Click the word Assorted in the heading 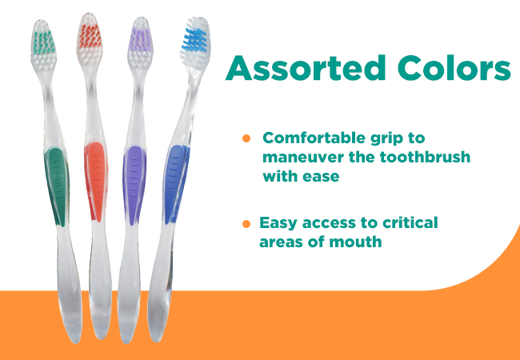click(x=305, y=68)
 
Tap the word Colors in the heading click(x=454, y=68)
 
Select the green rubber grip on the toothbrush click(x=56, y=187)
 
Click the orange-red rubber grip click(x=96, y=182)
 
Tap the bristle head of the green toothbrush click(x=44, y=46)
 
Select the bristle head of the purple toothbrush click(x=140, y=43)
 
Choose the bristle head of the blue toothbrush click(x=195, y=42)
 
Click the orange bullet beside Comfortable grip click(x=246, y=138)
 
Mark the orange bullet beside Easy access click(x=246, y=224)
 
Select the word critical click(x=410, y=222)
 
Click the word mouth click(x=355, y=242)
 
